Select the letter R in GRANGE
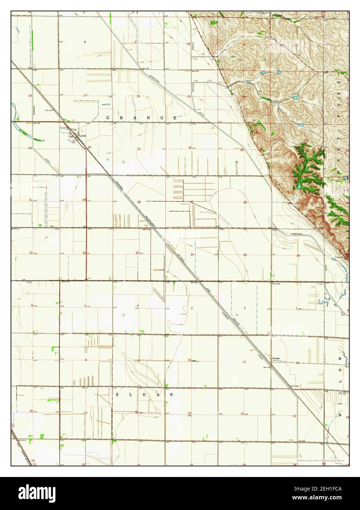(121, 118)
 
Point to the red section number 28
(139, 202)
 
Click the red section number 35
(245, 255)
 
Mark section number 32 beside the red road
(84, 253)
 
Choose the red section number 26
(245, 202)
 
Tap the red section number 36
(298, 255)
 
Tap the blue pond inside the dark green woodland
(300, 186)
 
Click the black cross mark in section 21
(123, 161)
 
